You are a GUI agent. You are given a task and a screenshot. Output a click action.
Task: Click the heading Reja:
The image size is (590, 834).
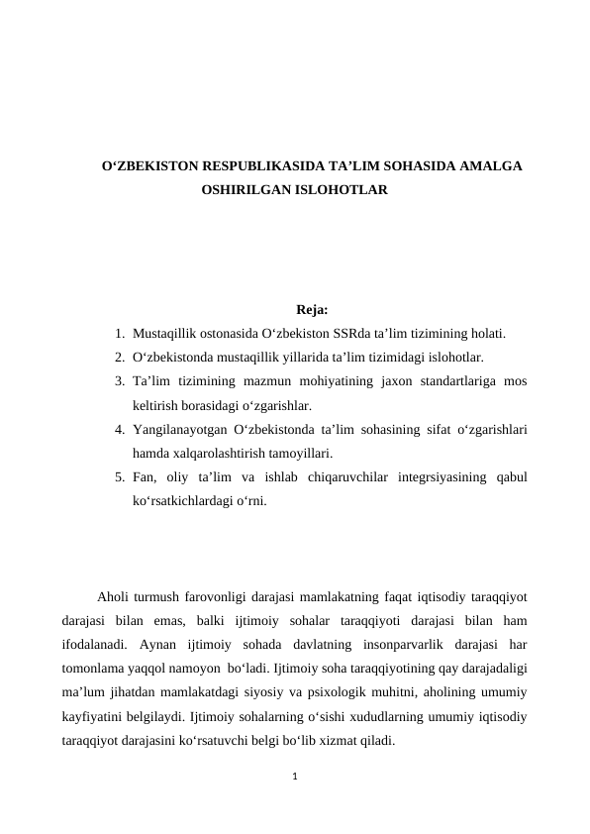tap(312, 310)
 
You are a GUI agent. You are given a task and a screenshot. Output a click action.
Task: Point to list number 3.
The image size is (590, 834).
tap(119, 382)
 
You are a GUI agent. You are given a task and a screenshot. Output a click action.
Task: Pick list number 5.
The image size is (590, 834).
tap(119, 478)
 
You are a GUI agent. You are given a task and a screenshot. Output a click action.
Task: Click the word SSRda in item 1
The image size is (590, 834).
tap(396, 334)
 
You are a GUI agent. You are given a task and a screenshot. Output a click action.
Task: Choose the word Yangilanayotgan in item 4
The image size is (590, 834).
tap(193, 430)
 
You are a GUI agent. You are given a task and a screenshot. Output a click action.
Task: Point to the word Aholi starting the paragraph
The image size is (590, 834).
tap(115, 597)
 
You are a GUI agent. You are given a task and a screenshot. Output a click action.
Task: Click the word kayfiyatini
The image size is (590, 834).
tap(94, 716)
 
